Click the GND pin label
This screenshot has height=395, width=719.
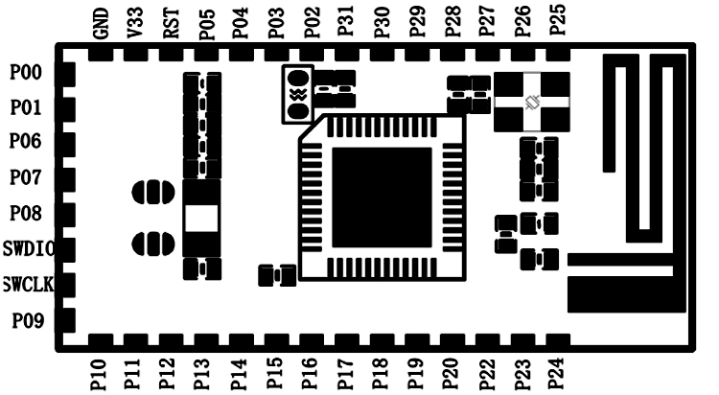pyautogui.click(x=101, y=23)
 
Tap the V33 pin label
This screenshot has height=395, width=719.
pyautogui.click(x=136, y=23)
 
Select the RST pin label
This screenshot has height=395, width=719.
pyautogui.click(x=171, y=23)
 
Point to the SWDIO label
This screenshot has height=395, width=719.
pyautogui.click(x=29, y=248)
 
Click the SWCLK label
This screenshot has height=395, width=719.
pyautogui.click(x=28, y=285)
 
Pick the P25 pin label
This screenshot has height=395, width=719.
pyautogui.click(x=558, y=20)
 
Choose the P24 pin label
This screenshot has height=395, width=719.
pyautogui.click(x=557, y=374)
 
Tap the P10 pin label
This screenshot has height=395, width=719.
pyautogui.click(x=99, y=375)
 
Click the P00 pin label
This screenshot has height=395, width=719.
pyautogui.click(x=26, y=73)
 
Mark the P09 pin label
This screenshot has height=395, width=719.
pyautogui.click(x=28, y=320)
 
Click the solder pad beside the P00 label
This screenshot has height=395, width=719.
pyautogui.click(x=68, y=75)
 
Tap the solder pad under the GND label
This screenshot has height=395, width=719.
pyautogui.click(x=101, y=55)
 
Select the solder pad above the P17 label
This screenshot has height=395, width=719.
pyautogui.click(x=347, y=340)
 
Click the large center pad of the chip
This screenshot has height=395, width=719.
pyautogui.click(x=382, y=197)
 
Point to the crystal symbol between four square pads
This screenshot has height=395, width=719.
pyautogui.click(x=532, y=103)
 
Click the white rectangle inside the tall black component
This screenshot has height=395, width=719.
pyautogui.click(x=201, y=219)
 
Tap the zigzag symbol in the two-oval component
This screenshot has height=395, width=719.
pyautogui.click(x=299, y=95)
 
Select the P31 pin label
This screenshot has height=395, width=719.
pyautogui.click(x=345, y=21)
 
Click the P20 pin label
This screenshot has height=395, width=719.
pyautogui.click(x=452, y=374)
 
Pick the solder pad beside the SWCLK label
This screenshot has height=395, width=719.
pyautogui.click(x=68, y=285)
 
